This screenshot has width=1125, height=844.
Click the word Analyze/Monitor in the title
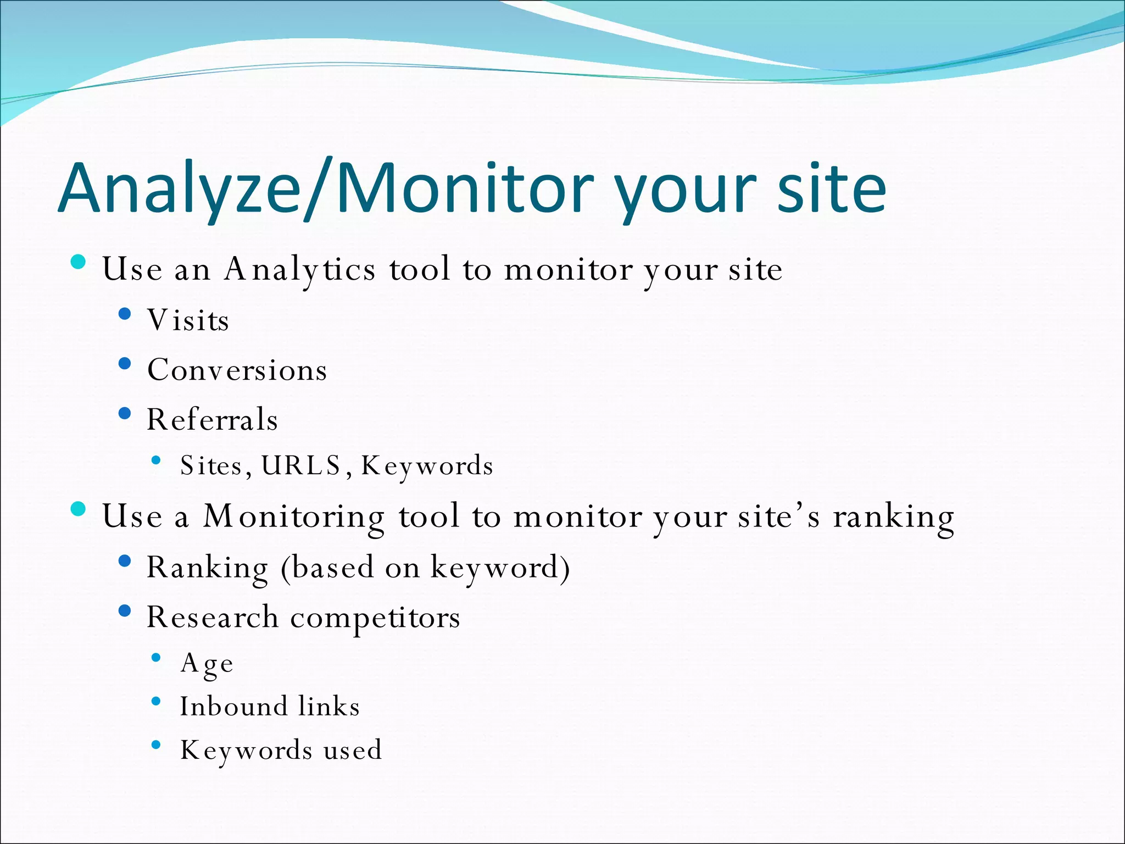[325, 188]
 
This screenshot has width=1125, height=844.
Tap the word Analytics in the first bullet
[300, 269]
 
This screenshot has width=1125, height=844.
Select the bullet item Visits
[188, 320]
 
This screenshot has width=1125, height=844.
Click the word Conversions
[237, 370]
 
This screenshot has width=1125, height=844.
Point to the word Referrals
[212, 420]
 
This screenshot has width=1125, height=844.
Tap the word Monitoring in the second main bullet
[293, 517]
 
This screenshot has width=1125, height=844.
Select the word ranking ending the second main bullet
[893, 517]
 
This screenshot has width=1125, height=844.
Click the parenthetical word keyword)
[499, 568]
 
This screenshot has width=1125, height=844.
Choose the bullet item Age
[207, 663]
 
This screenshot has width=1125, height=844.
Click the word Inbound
[233, 707]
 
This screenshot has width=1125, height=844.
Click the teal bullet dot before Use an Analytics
[79, 262]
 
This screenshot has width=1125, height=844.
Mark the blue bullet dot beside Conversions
[125, 363]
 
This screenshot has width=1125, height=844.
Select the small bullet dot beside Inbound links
[156, 701]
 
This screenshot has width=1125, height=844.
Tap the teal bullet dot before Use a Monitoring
[79, 509]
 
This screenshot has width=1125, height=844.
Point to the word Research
[212, 618]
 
